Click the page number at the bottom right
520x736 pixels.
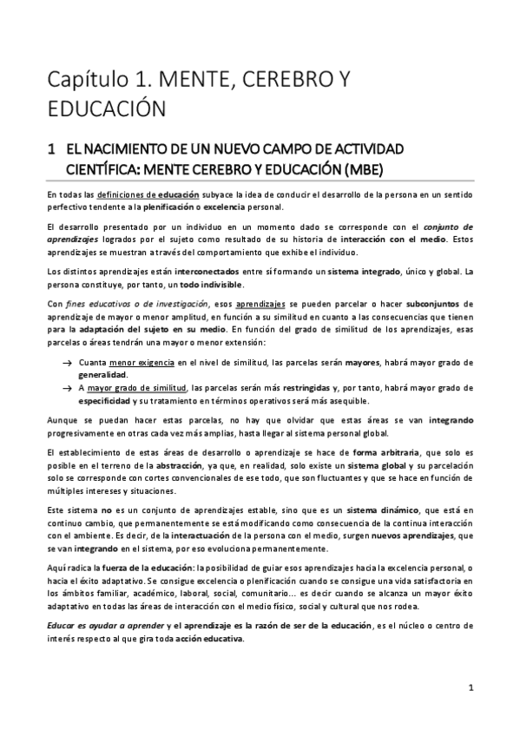pyautogui.click(x=470, y=689)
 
